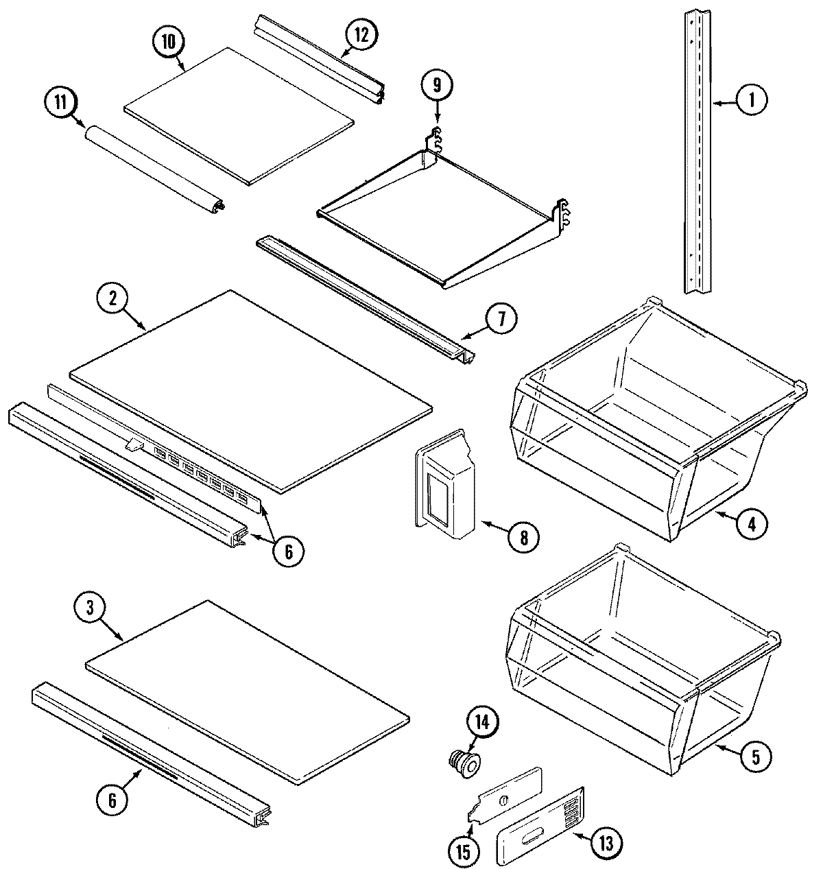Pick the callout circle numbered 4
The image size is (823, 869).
pos(752,524)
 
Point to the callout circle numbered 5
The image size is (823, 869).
pos(754,757)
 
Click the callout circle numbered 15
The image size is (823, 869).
pos(463,851)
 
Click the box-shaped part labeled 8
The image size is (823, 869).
pos(446,490)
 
